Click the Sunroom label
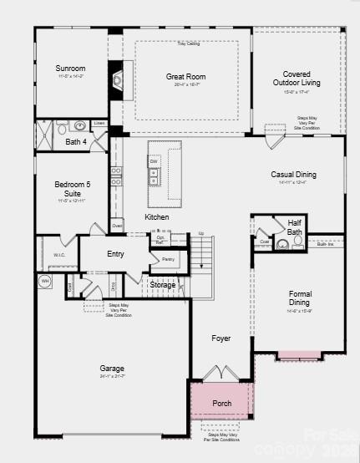pyautogui.click(x=70, y=69)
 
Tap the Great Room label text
pyautogui.click(x=185, y=77)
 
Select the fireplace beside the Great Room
pyautogui.click(x=116, y=81)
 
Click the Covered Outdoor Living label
pyautogui.click(x=297, y=79)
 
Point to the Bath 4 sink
pyautogui.click(x=79, y=126)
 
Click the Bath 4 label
pyautogui.click(x=76, y=142)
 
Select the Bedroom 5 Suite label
pyautogui.click(x=70, y=188)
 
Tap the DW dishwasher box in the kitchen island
pyautogui.click(x=154, y=162)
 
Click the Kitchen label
pyautogui.click(x=156, y=217)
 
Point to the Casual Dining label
pyautogui.click(x=294, y=175)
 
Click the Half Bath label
pyautogui.click(x=294, y=226)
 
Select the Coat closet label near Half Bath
pyautogui.click(x=265, y=242)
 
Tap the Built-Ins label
pyautogui.click(x=325, y=244)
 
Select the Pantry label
pyautogui.click(x=168, y=259)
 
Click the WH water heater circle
pyautogui.click(x=45, y=281)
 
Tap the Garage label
pyautogui.click(x=112, y=368)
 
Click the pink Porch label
pyautogui.click(x=221, y=403)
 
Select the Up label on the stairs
pyautogui.click(x=200, y=233)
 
